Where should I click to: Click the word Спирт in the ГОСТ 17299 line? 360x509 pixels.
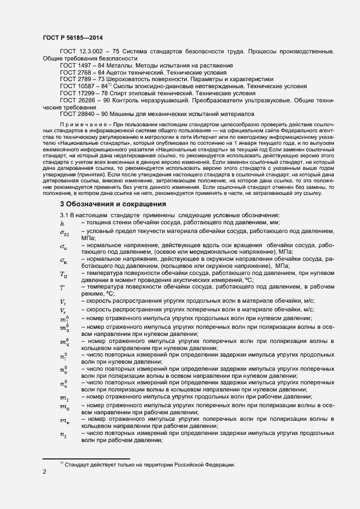pos(121,93)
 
